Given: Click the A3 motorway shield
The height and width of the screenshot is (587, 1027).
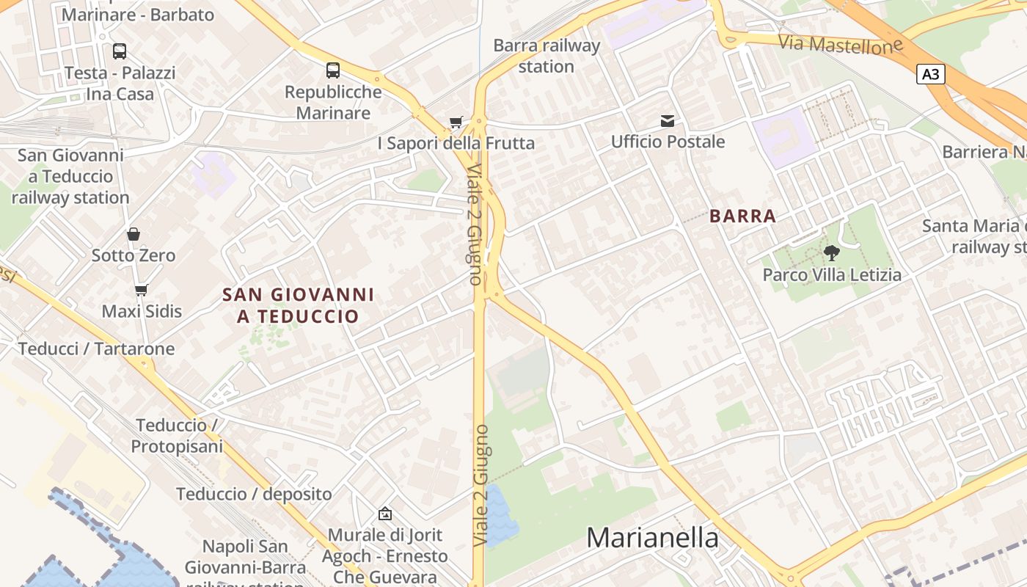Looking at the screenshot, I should pos(930,74).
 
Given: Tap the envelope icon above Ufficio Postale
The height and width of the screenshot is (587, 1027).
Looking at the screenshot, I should pos(668,121).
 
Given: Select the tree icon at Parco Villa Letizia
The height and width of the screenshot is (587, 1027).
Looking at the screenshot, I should pos(831,253).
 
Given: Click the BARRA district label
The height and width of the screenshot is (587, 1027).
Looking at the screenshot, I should pos(742,216).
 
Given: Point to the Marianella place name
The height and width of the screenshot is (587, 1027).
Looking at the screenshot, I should pos(652,538).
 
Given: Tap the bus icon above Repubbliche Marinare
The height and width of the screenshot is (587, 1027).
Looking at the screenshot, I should pos(333,70).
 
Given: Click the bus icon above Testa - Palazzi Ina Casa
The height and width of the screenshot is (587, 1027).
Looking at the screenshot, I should pos(119,51).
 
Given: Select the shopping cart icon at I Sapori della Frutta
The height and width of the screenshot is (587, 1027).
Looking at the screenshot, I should pos(456,122).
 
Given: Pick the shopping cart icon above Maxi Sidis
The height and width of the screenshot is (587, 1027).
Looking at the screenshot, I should pos(141,291).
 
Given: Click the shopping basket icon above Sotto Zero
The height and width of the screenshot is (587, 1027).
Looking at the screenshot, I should pos(134,234).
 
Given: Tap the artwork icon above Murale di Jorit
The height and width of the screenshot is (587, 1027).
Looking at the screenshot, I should pos(385,514).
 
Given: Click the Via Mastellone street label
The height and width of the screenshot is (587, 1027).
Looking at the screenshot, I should pos(840,44).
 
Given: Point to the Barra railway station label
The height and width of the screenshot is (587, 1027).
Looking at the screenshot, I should pos(547,56).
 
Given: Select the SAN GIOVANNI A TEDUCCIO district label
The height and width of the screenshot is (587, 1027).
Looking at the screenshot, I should pos(299,305).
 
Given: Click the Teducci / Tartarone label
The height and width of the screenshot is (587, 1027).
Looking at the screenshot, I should pos(97,349).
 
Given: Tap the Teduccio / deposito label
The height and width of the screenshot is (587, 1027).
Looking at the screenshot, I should pos(254,494).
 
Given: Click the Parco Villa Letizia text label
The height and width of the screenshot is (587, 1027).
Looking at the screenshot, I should pos(832,275).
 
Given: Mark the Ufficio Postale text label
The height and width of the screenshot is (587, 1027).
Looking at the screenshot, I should pos(668,142).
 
